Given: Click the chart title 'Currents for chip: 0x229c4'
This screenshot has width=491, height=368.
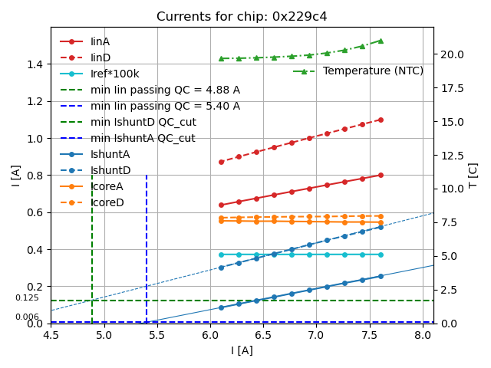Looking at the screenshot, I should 242,17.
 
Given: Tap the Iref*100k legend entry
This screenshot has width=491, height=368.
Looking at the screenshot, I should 115,74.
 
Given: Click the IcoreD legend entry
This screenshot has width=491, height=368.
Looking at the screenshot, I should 107,202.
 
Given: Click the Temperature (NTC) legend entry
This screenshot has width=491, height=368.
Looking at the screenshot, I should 373,71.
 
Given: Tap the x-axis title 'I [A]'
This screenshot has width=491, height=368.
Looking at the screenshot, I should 242,351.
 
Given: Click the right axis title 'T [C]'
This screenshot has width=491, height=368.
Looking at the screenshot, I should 473,176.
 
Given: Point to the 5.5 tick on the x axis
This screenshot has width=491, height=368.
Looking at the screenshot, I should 157,334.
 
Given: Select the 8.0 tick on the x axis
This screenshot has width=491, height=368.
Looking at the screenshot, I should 423,334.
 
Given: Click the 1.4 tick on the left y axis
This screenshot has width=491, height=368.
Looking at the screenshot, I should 35,64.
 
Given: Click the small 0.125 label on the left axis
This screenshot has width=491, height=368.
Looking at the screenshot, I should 27,298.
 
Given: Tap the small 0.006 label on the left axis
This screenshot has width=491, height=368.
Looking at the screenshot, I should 27,317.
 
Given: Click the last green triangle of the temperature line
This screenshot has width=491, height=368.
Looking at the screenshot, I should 381,41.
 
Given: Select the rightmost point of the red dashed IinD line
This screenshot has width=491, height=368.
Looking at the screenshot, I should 381,120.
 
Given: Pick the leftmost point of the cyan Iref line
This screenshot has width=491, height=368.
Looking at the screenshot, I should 221,255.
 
